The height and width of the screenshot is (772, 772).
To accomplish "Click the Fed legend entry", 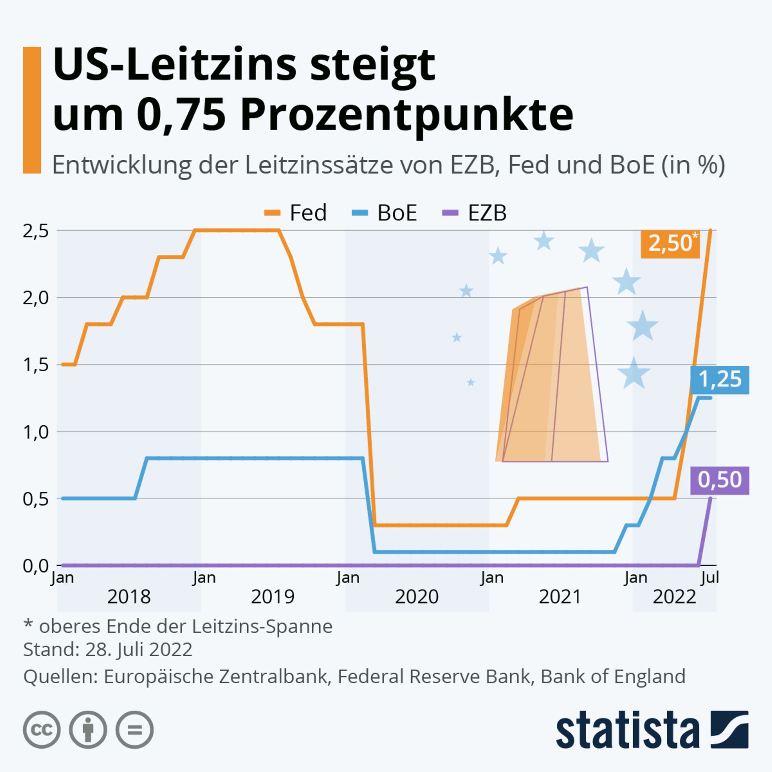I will point(296,213).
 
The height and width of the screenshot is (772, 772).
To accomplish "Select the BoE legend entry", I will point(384,213).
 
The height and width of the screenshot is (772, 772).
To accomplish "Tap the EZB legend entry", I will point(475,213).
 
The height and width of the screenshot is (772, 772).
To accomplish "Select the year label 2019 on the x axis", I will point(273,597).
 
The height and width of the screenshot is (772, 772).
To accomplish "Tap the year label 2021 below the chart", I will point(560,597).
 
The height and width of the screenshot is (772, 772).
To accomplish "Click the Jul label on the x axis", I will point(710,578).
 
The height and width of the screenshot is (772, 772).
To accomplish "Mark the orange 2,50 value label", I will point(670,244).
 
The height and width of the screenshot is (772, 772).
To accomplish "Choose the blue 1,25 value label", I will point(720,379).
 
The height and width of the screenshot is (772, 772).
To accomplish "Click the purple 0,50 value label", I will point(720,480).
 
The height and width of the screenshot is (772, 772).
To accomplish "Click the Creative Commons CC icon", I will point(42,730).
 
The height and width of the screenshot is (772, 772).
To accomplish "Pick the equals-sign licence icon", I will point(135,730).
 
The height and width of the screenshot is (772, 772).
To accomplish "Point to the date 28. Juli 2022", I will point(139,649).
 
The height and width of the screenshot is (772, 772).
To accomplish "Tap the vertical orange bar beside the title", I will point(32,110).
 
